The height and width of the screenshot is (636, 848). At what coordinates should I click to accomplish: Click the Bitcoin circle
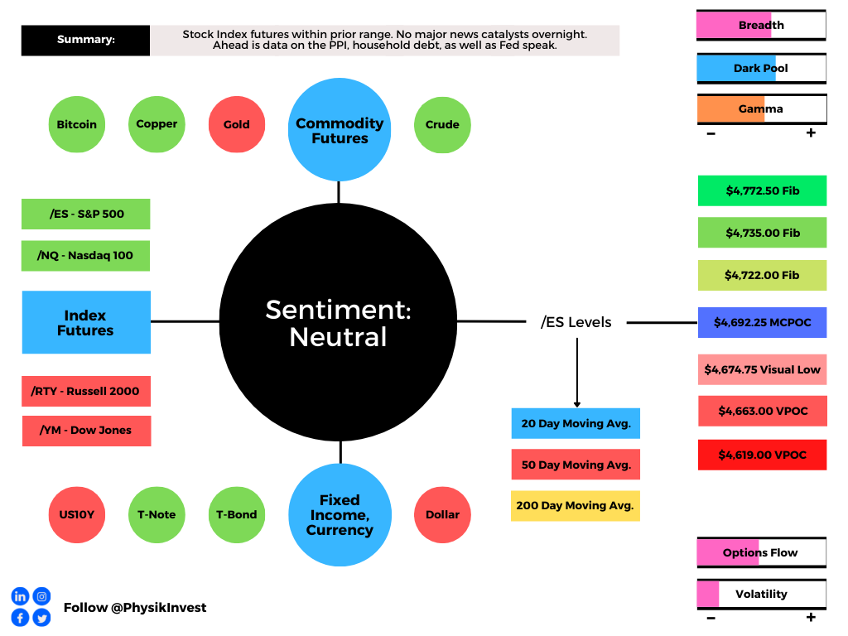[77, 124]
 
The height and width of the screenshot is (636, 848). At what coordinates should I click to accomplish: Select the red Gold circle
[237, 124]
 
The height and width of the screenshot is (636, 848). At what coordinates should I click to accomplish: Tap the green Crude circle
[442, 125]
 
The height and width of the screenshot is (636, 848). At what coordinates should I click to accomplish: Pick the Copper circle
[157, 124]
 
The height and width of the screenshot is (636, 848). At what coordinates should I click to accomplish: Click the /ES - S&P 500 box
[86, 214]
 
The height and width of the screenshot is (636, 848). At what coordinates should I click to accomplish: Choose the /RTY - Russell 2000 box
[86, 391]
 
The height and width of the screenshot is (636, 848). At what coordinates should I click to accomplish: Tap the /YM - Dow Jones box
[86, 431]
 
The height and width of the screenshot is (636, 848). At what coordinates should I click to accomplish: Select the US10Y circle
[77, 515]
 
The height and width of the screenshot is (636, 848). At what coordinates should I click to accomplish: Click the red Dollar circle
[442, 515]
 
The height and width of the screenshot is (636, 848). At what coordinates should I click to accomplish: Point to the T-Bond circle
[237, 515]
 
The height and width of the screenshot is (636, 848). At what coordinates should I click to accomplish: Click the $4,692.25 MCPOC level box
[763, 322]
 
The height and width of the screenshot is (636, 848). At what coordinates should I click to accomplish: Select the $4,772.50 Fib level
[763, 190]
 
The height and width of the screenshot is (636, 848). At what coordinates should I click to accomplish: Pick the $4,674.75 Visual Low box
[763, 369]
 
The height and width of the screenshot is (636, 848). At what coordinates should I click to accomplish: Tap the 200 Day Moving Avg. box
[576, 506]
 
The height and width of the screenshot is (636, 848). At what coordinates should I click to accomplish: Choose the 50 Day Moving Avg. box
[576, 465]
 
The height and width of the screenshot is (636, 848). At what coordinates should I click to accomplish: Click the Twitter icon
[41, 618]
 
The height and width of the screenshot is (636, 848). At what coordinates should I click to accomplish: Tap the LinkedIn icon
[20, 596]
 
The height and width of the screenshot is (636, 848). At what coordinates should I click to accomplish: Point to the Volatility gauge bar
[762, 595]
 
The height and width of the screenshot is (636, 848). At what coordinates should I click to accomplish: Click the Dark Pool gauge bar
[762, 68]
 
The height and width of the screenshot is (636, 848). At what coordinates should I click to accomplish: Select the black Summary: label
[85, 40]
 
